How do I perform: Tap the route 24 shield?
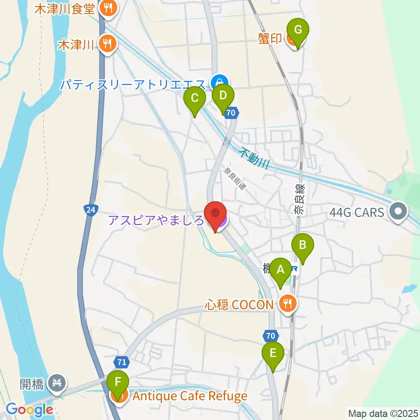click(90, 210)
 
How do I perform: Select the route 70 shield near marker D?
click(232, 113)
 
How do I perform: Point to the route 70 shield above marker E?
click(271, 336)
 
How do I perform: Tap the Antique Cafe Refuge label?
click(190, 396)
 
